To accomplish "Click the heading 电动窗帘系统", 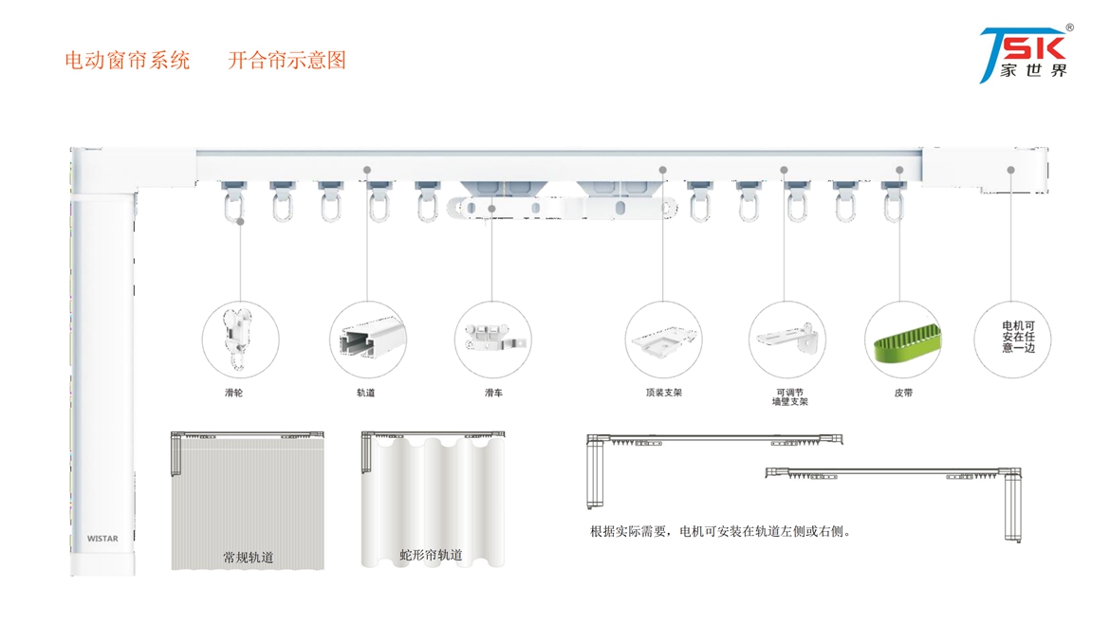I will point(127,61).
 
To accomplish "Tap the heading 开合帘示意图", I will point(287,61).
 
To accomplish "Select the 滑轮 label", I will point(233,393).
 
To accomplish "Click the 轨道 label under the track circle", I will point(365,393).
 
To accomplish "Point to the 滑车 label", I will point(493,393).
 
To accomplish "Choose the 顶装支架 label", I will point(663,393).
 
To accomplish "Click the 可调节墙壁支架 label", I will point(788,397).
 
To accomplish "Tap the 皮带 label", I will point(902,393).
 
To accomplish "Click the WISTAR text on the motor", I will point(102,539).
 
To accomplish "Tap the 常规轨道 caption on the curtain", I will point(248,558).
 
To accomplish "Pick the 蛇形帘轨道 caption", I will point(431,555).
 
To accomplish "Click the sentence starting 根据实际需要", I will point(721,531).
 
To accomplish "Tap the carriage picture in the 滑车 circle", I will point(493,337).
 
